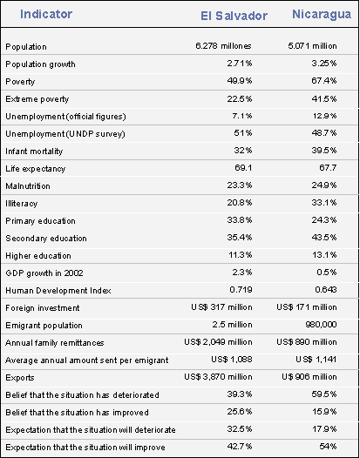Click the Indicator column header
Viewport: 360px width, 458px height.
(46, 14)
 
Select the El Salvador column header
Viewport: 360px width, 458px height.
(234, 16)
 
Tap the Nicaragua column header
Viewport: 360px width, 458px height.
(322, 14)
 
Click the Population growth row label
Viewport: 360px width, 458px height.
(40, 64)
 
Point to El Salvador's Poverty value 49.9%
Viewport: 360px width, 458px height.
(240, 81)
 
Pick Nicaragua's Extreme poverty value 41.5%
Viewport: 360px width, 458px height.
(324, 98)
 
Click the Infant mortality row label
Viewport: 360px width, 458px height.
(34, 151)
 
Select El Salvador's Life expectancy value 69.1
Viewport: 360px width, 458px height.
(243, 168)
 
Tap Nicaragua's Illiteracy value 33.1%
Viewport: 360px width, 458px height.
(324, 202)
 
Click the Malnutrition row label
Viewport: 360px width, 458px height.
(28, 185)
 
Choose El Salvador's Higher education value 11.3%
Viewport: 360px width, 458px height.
(241, 255)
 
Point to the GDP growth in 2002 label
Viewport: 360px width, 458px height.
(44, 273)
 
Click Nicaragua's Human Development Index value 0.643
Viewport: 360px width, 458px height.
(326, 289)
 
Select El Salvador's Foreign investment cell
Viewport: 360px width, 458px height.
(221, 307)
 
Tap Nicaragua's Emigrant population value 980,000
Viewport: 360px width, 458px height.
(321, 325)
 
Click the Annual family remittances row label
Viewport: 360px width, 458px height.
(54, 342)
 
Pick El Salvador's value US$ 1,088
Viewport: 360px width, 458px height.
(232, 360)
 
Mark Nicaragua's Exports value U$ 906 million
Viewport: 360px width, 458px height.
(309, 377)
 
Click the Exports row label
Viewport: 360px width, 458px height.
(20, 378)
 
